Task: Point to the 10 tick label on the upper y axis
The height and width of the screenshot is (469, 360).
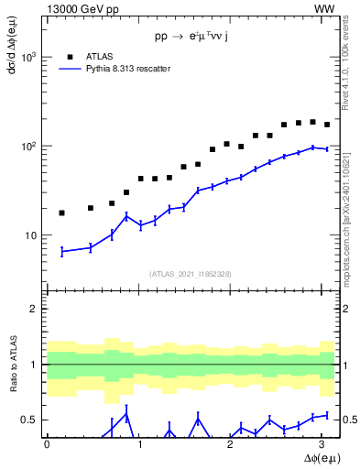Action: [x=29, y=235]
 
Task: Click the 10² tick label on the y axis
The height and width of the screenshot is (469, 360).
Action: [x=27, y=146]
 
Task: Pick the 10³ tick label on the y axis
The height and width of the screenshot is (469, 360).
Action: [x=27, y=57]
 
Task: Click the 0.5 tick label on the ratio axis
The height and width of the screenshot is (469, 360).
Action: [x=28, y=420]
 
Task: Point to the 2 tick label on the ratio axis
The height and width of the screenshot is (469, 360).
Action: [x=34, y=309]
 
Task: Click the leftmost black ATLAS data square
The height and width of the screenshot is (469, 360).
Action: [x=61, y=213]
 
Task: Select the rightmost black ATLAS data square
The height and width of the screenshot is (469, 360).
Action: [x=327, y=125]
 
